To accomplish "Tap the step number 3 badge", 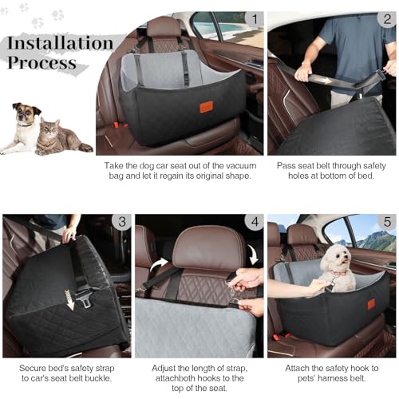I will [x=121, y=223].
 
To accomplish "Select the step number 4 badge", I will [x=253, y=223].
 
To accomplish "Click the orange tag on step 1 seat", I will [x=206, y=106].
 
